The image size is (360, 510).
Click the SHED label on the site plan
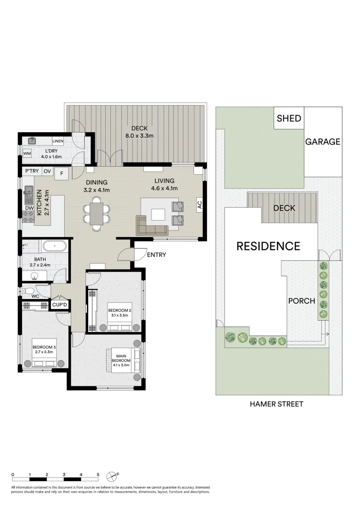tap(289, 118)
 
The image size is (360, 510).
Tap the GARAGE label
tap(322, 142)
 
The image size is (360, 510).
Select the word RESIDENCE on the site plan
tap(268, 246)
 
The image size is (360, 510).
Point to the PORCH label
tap(301, 300)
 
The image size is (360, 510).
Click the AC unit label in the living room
tap(199, 205)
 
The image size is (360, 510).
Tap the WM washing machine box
tap(27, 153)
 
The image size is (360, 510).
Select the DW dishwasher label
tap(29, 208)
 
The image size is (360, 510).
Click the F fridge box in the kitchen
tap(61, 174)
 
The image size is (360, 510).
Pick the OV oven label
tap(47, 171)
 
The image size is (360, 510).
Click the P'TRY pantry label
tap(32, 171)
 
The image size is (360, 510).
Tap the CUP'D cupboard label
tap(60, 306)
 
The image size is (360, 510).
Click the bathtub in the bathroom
tap(54, 246)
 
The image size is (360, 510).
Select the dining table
tap(97, 213)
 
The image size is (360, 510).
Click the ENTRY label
tap(156, 255)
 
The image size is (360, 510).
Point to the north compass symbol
tap(113, 475)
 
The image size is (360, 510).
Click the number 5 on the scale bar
tap(98, 475)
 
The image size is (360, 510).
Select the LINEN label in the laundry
tap(58, 141)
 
